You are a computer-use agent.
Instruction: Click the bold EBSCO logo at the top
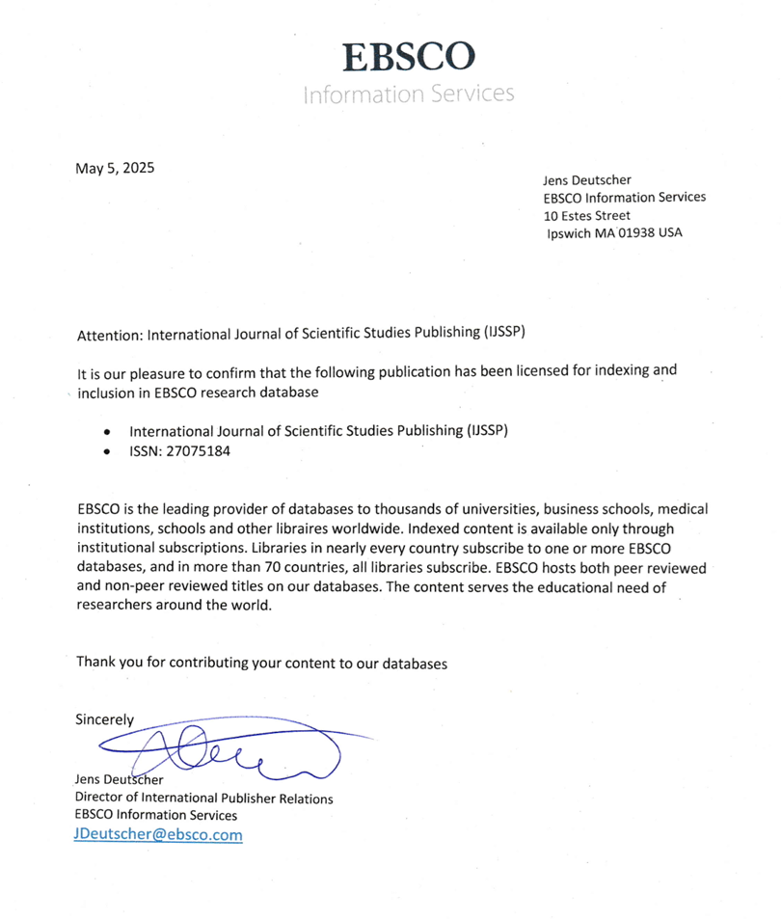pyautogui.click(x=409, y=57)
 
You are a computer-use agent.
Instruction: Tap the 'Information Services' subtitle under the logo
pyautogui.click(x=408, y=94)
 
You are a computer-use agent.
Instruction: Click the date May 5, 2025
pyautogui.click(x=115, y=168)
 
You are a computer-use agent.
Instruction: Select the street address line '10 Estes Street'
pyautogui.click(x=587, y=215)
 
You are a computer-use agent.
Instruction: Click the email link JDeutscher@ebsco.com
pyautogui.click(x=158, y=834)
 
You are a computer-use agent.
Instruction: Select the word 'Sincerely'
pyautogui.click(x=105, y=718)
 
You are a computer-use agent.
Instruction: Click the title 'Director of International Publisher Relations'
pyautogui.click(x=203, y=799)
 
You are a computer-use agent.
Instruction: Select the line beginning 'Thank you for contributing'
pyautogui.click(x=262, y=663)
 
